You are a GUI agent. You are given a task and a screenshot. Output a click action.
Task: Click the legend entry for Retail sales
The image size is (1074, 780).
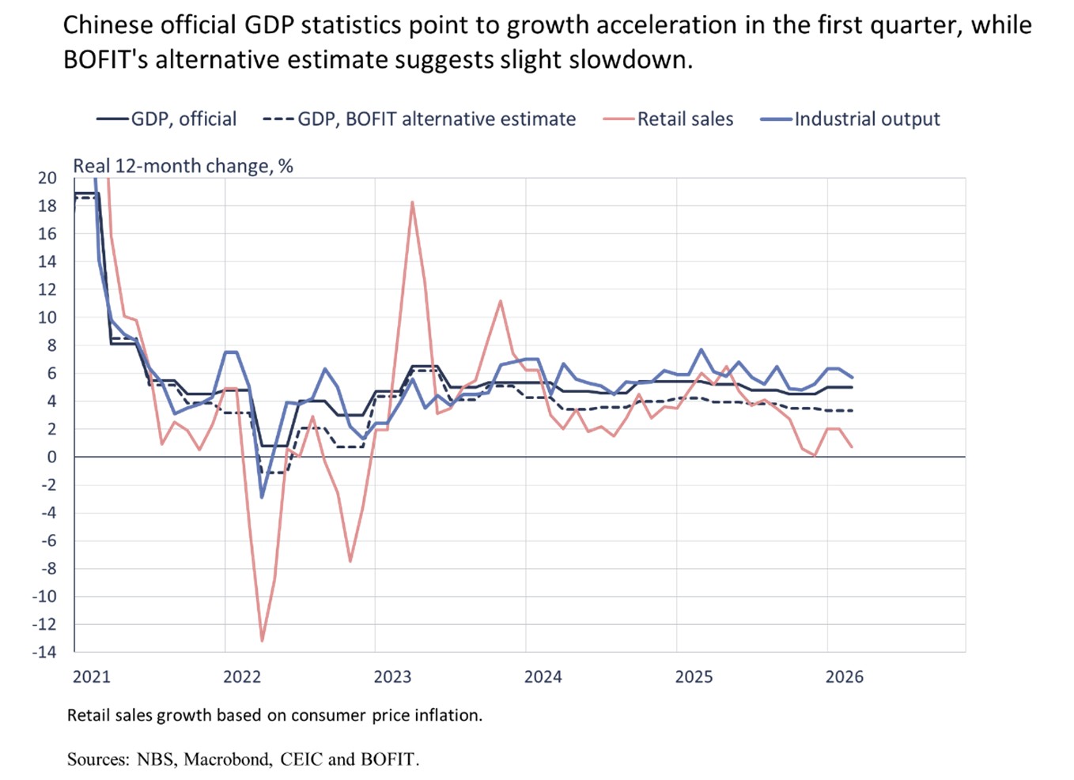tap(685, 119)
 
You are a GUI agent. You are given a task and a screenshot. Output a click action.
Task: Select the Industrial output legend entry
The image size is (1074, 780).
tap(867, 119)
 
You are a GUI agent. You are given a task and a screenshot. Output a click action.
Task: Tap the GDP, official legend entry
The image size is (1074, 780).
tap(183, 119)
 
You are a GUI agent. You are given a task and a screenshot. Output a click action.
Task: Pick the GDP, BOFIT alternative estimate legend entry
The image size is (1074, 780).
tap(437, 119)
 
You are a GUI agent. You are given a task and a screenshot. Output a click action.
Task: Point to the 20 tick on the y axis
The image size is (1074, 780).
tap(47, 178)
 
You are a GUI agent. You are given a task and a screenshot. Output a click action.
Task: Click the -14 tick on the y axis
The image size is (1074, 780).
tap(44, 652)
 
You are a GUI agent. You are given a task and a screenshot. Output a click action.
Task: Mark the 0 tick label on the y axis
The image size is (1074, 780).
tap(52, 457)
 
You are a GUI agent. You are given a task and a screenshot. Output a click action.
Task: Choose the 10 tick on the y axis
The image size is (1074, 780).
tap(47, 318)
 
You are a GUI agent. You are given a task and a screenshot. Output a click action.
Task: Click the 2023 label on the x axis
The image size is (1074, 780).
tap(392, 677)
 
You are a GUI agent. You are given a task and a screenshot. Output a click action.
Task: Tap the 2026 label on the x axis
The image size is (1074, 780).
tap(845, 677)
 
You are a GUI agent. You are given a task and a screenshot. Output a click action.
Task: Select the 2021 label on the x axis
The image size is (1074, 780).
tap(92, 677)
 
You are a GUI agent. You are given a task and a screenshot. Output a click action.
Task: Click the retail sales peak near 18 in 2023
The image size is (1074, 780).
tap(412, 202)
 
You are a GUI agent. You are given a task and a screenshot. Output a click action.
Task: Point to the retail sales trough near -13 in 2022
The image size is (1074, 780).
tap(262, 640)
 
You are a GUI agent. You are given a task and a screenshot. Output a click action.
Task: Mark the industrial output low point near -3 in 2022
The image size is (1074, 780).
tap(262, 497)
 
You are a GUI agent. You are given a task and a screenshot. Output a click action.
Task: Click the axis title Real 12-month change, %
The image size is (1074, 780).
tap(183, 166)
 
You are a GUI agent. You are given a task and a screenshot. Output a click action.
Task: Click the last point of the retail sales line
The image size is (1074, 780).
tap(852, 447)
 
